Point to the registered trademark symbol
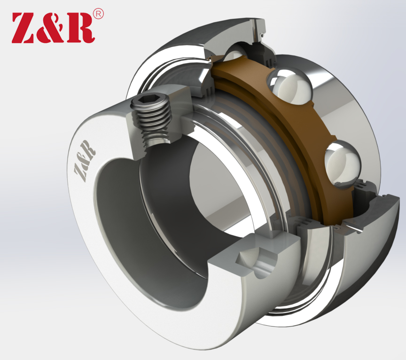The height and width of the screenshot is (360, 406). (x=98, y=14)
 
